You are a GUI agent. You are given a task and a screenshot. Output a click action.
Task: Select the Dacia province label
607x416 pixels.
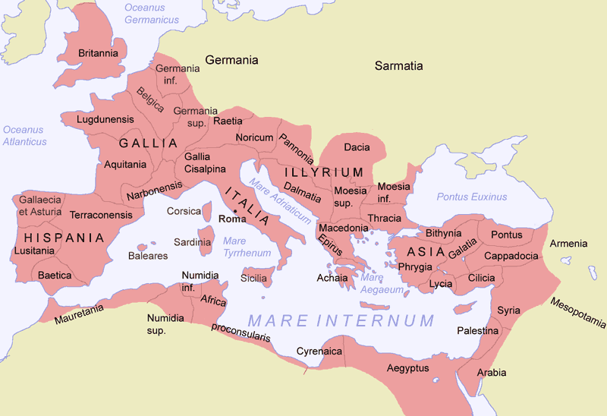pos(357,147)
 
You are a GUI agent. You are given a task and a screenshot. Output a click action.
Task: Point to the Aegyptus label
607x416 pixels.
pos(408,368)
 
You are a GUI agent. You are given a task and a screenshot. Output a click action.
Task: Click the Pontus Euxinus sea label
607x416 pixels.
pos(471,197)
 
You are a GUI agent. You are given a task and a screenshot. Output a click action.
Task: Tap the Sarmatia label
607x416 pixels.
pos(399,66)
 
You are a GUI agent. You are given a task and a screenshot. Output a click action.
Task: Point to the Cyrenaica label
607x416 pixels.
pos(319,352)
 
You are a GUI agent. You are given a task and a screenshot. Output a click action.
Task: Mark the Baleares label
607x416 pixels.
pos(148,256)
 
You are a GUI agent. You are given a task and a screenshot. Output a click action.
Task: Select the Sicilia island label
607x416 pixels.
pos(253,279)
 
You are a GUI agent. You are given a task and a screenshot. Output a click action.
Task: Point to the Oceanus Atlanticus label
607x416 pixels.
pos(24,136)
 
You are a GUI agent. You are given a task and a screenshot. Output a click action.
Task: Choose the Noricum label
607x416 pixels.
pos(254,137)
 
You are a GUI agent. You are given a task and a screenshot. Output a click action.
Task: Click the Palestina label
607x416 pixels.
pos(477,331)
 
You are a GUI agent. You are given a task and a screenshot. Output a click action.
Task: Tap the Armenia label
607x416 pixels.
pos(568,244)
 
